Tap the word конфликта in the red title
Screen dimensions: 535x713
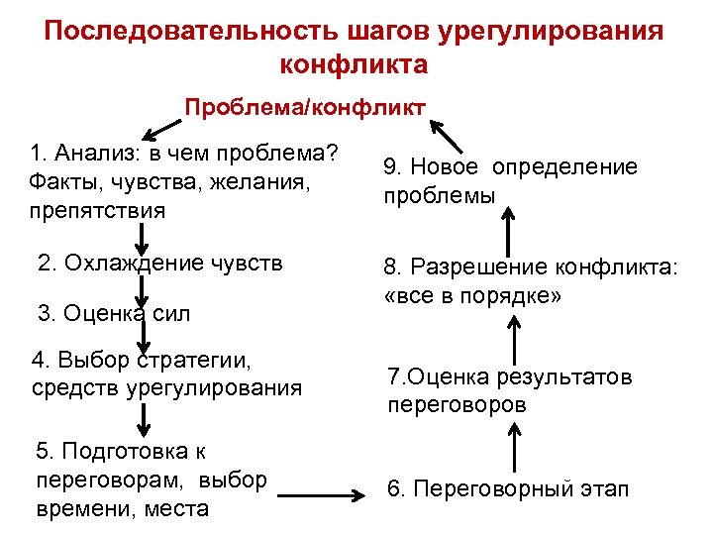355,65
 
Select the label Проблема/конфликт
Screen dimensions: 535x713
306,106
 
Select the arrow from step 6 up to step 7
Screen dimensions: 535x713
515,443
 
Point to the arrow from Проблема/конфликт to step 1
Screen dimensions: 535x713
163,127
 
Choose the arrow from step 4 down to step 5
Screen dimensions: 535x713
145,410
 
